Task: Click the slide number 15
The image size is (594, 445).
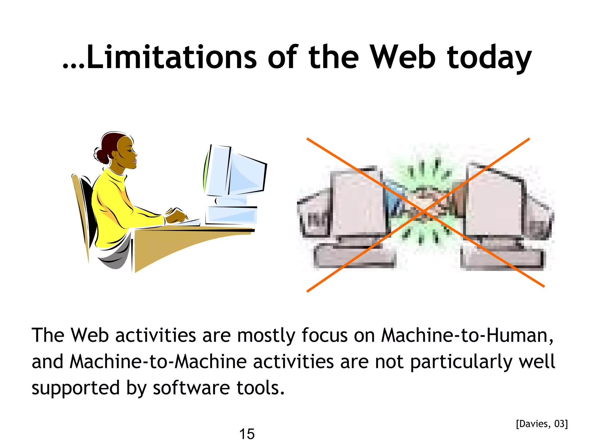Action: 247,434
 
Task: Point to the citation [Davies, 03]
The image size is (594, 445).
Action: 542,424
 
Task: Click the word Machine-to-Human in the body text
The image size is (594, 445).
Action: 467,335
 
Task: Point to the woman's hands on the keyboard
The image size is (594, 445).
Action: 177,216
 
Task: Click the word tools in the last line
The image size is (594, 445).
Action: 260,388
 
